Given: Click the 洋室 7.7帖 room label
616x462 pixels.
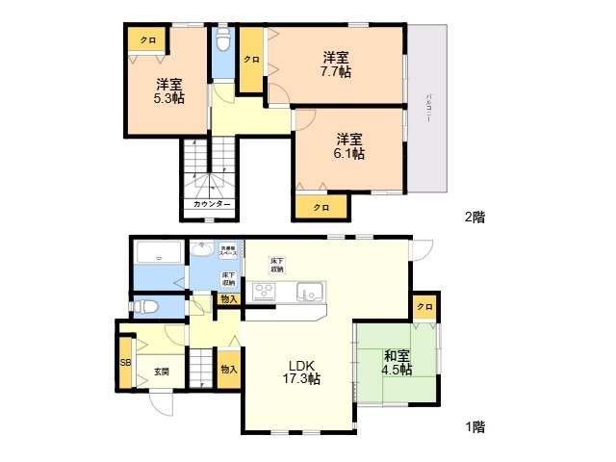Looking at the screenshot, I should coord(335,64).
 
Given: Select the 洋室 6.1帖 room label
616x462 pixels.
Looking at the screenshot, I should coord(349,145).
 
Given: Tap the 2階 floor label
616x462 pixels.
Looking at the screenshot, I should coord(474,218).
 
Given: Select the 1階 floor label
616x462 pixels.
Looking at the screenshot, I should coord(473,424).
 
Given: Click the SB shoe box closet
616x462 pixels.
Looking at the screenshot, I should coord(125,362).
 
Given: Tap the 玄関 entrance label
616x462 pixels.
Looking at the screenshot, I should coord(160,371).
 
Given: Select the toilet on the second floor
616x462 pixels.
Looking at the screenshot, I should coord(223,43).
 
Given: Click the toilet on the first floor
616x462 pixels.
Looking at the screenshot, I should coord(145,307).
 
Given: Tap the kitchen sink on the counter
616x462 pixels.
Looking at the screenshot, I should coord(311,291).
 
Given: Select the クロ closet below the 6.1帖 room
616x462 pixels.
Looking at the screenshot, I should coord(321,207).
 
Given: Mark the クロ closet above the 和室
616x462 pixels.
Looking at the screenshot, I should coord(424,306).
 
